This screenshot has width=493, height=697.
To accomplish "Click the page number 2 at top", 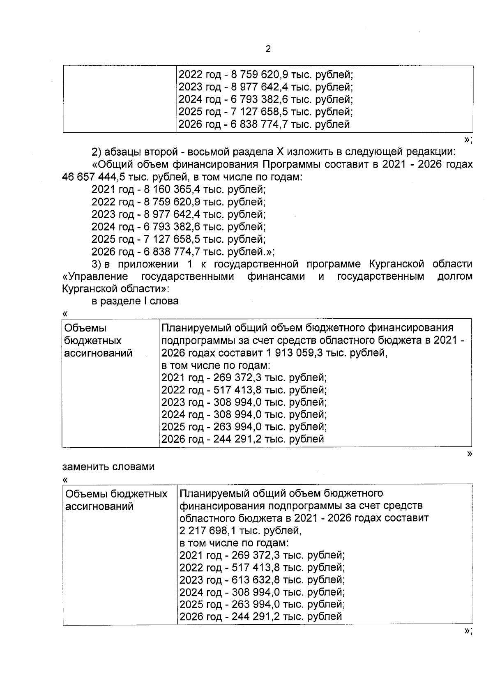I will pyautogui.click(x=268, y=49).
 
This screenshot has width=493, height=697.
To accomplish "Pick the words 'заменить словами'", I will pyautogui.click(x=108, y=467).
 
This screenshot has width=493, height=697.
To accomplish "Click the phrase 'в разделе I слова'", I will pyautogui.click(x=135, y=301).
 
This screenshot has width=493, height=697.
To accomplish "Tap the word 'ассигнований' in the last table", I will pyautogui.click(x=99, y=506).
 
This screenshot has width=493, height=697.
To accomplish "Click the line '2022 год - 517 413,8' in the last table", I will pyautogui.click(x=262, y=568).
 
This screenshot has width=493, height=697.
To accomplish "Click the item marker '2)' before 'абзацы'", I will pyautogui.click(x=96, y=152).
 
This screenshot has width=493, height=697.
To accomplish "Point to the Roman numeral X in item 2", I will pyautogui.click(x=280, y=152).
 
